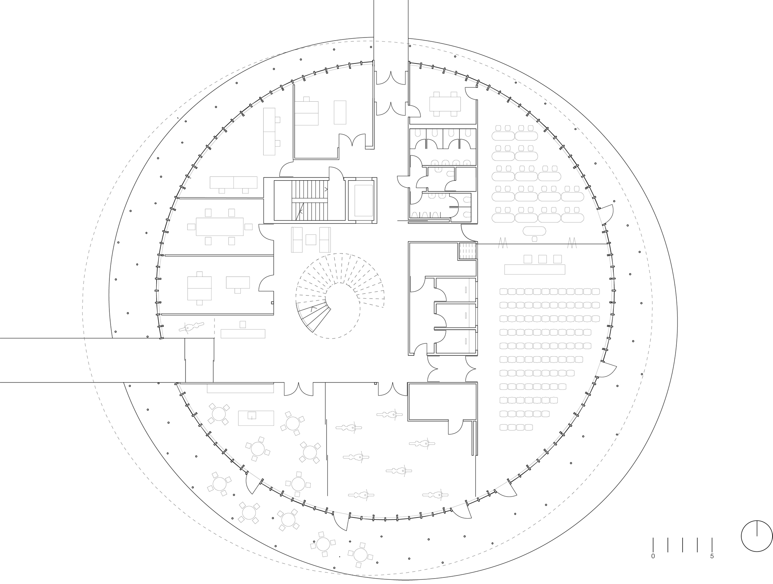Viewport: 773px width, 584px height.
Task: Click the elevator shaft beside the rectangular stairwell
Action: click(x=362, y=200)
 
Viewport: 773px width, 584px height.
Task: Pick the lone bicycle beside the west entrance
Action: click(x=191, y=327)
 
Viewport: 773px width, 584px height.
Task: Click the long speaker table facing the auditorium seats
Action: click(x=535, y=269)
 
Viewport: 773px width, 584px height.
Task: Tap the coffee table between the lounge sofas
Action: click(x=311, y=239)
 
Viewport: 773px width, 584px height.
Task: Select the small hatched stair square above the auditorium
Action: click(x=467, y=251)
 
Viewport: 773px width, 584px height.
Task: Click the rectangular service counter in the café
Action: click(x=256, y=418)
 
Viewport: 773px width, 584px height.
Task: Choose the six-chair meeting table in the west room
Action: click(x=220, y=226)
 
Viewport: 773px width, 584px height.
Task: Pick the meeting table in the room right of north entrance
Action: click(x=445, y=103)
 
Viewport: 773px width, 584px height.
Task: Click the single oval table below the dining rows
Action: click(x=535, y=231)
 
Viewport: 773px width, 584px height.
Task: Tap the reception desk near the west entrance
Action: click(x=243, y=333)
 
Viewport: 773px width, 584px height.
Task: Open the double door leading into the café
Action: click(x=298, y=389)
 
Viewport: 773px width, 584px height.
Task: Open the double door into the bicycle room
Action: click(x=393, y=389)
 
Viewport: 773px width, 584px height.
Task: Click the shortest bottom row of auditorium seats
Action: click(x=516, y=427)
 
